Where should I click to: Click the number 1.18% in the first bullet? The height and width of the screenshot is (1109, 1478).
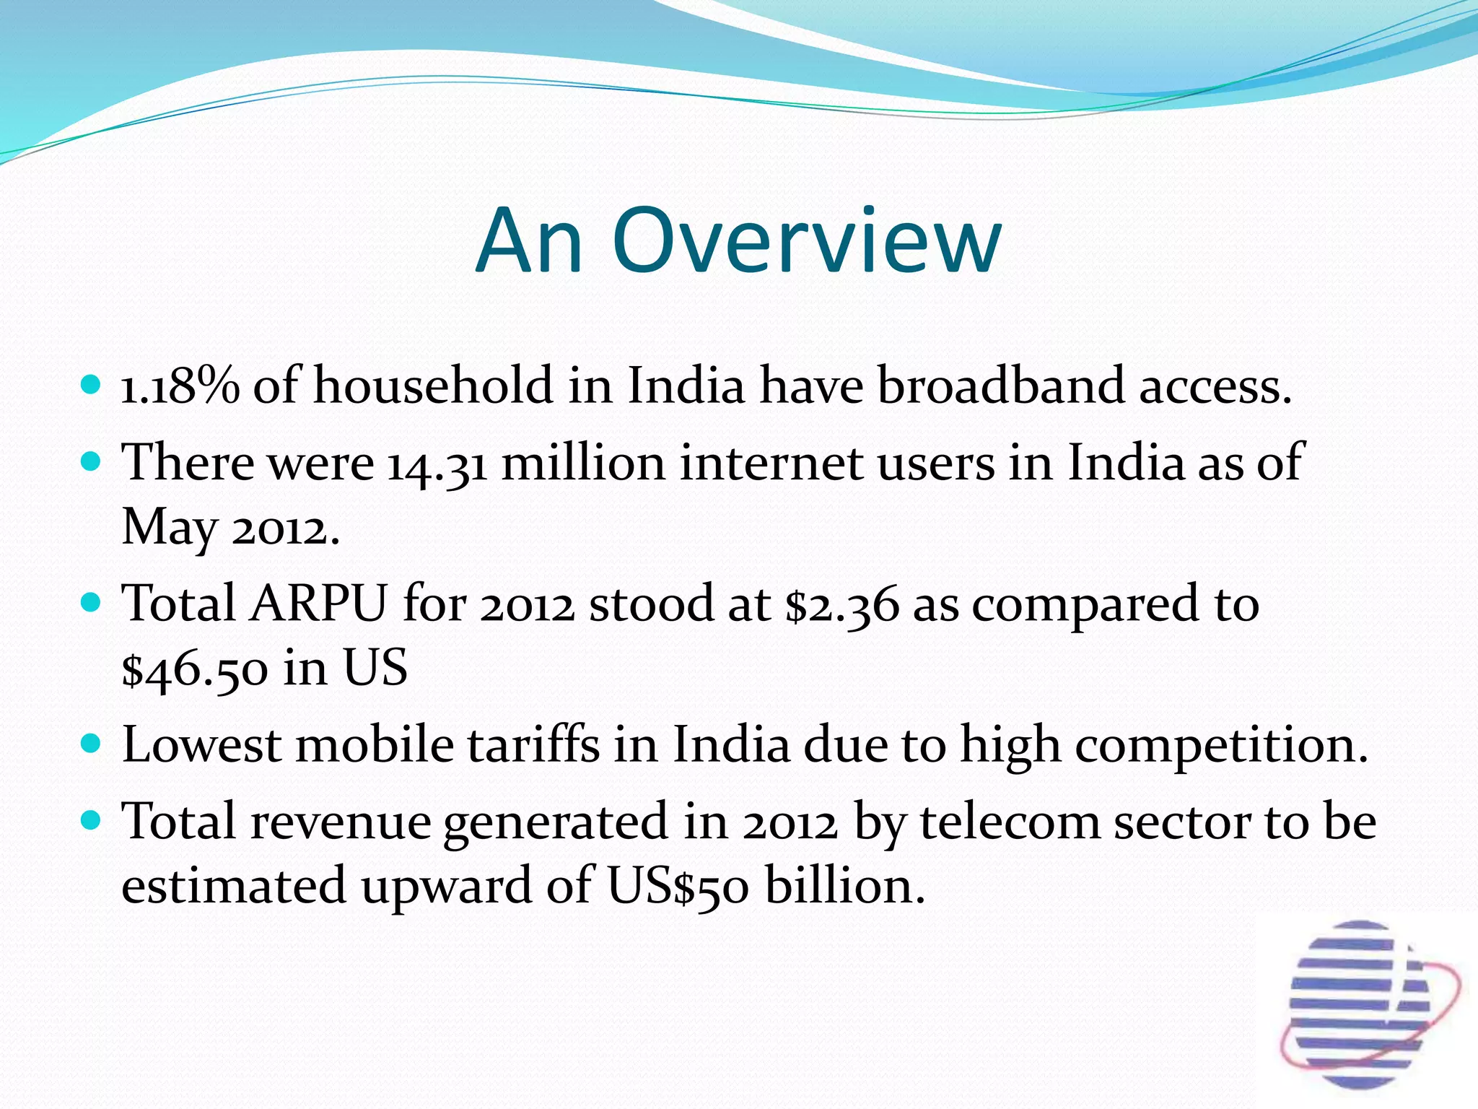pyautogui.click(x=179, y=386)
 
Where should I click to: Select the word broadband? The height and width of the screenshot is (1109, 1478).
pyautogui.click(x=1000, y=386)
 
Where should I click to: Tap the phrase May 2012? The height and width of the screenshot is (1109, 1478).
pyautogui.click(x=229, y=528)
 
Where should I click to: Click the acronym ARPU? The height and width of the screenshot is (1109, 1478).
pyautogui.click(x=318, y=604)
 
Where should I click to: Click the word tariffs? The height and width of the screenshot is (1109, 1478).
pyautogui.click(x=533, y=746)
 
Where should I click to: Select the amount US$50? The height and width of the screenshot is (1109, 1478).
pyautogui.click(x=678, y=887)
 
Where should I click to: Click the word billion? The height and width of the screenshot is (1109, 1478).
pyautogui.click(x=844, y=886)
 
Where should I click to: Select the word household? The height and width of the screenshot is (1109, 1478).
pyautogui.click(x=433, y=386)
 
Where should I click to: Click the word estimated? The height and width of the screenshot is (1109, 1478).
pyautogui.click(x=234, y=887)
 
